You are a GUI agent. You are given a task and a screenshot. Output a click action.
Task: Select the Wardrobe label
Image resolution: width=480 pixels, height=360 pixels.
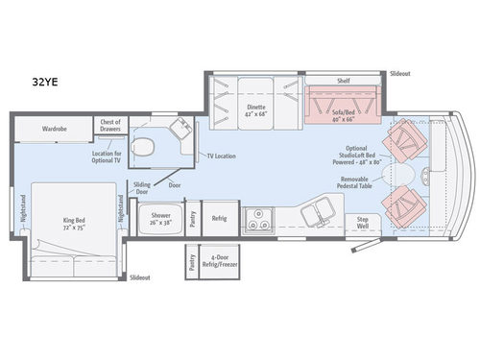54,128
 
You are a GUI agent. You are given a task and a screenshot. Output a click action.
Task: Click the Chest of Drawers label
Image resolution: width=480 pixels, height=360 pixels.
108,125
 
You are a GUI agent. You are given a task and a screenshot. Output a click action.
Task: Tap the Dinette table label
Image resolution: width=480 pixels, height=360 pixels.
254,111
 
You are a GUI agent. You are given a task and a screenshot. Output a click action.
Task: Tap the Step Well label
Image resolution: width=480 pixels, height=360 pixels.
362,224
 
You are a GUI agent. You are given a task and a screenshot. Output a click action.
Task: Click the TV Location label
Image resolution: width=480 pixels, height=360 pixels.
222,156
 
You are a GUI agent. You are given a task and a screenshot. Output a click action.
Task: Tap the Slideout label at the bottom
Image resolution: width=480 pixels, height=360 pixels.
139,277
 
